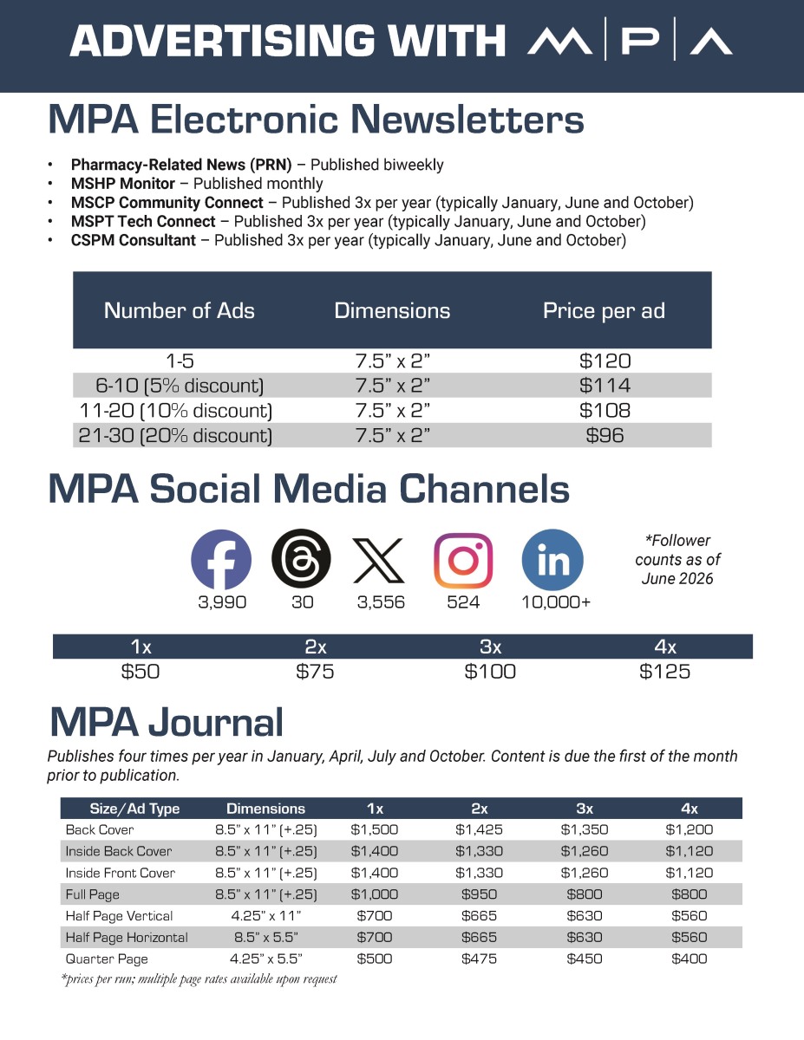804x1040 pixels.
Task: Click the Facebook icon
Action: [x=221, y=559]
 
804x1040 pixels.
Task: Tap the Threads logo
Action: [x=301, y=558]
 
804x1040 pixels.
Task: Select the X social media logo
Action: [x=379, y=560]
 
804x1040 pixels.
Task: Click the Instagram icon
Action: [x=462, y=560]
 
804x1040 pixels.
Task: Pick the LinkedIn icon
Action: [x=552, y=560]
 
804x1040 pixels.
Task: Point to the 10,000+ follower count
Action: [x=555, y=602]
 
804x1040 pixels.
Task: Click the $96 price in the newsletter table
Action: [x=605, y=436]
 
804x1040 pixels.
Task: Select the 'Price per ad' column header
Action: [x=604, y=310]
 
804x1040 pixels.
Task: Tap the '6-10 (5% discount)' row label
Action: [x=180, y=386]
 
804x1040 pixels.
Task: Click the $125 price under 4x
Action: [x=664, y=672]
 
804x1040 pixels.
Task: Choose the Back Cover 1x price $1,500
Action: [x=375, y=829]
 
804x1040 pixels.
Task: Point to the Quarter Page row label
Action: [x=107, y=959]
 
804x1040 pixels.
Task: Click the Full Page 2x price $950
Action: [x=480, y=894]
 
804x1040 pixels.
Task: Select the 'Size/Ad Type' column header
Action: [x=134, y=809]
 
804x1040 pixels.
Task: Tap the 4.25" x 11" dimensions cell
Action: [x=265, y=915]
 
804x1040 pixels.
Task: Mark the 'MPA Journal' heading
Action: [x=167, y=722]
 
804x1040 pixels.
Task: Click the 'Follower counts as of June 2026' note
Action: [x=677, y=560]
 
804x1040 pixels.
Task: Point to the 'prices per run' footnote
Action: [x=199, y=979]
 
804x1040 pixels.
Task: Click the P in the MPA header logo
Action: [x=640, y=39]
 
